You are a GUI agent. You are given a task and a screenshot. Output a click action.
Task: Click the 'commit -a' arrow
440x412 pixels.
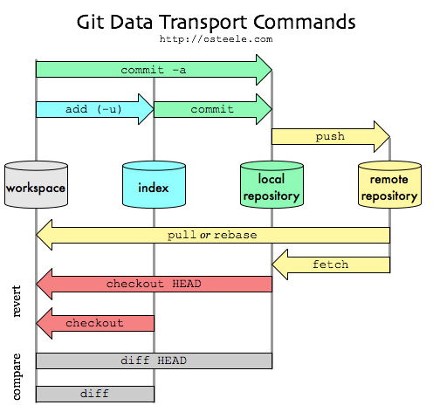(154, 70)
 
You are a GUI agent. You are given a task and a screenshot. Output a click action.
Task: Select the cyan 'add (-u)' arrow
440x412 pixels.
(94, 109)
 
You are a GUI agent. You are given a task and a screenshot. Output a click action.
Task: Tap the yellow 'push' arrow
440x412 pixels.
(331, 136)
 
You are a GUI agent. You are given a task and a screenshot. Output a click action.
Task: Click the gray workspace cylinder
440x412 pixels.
(36, 184)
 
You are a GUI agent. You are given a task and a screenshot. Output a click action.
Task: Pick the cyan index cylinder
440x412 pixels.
(154, 184)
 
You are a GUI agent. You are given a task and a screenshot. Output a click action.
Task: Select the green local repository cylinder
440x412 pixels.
(272, 184)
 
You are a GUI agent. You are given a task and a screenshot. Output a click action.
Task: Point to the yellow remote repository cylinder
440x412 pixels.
(389, 184)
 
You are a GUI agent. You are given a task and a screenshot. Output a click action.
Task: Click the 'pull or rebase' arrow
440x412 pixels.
(213, 235)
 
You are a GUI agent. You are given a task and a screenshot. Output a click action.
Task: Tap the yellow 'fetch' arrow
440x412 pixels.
(331, 264)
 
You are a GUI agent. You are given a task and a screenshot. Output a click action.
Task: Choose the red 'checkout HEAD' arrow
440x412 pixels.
(154, 284)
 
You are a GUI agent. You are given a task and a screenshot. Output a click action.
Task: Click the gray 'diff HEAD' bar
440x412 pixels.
(154, 360)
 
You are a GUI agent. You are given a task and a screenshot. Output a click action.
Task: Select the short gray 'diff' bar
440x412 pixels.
(95, 394)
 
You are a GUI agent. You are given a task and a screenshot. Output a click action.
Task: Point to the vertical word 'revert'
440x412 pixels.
(17, 301)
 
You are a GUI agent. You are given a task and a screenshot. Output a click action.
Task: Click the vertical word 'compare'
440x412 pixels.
(17, 377)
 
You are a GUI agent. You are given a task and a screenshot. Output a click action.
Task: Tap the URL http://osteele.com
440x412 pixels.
(216, 39)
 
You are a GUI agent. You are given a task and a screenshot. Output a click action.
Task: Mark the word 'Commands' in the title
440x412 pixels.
(305, 22)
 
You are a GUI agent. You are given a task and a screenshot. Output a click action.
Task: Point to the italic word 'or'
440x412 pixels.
(205, 236)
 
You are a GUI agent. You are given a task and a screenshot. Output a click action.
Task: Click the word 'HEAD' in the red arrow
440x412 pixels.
(187, 284)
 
